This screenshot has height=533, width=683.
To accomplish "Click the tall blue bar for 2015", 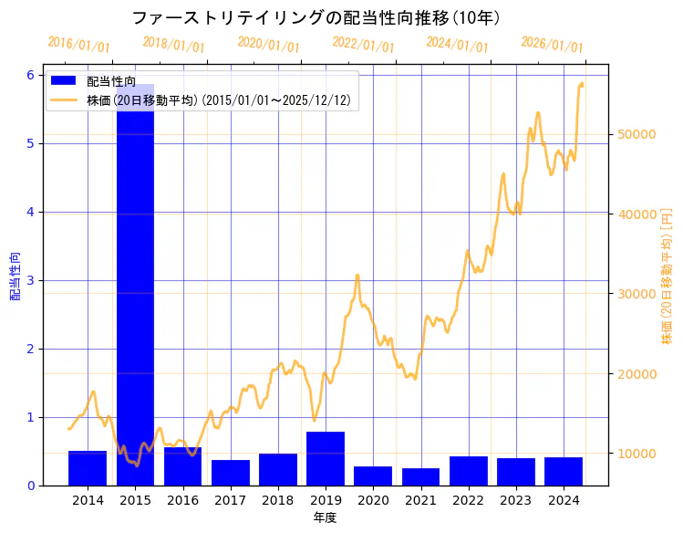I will click(135, 292).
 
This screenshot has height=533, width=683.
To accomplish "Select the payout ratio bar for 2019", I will click(326, 458).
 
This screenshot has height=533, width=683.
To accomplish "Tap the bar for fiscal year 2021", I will click(420, 476).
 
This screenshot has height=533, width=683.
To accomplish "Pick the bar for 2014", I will click(88, 468).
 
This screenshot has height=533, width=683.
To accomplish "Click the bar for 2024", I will click(564, 471).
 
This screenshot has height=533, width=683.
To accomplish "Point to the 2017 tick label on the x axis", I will click(230, 500).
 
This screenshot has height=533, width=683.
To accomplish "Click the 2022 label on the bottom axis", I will click(468, 500).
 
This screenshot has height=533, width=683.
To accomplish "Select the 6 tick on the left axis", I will click(30, 75).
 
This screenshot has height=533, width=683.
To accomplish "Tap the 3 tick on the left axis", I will click(30, 280).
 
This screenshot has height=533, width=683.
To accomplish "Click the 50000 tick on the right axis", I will click(636, 134).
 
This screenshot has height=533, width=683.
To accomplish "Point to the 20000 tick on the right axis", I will click(636, 374).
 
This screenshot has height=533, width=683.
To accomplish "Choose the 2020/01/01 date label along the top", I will click(268, 45).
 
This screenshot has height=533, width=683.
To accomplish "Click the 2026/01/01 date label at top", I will click(552, 45).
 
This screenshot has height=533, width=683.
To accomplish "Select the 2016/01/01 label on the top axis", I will click(78, 45).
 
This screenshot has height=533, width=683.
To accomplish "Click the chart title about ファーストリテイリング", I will click(316, 18).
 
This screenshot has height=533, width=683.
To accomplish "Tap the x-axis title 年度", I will click(325, 517).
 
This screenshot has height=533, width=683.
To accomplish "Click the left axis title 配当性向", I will click(15, 277).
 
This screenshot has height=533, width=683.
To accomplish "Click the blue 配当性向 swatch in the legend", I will click(65, 82).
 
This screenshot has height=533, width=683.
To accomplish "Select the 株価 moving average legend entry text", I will click(219, 100).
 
